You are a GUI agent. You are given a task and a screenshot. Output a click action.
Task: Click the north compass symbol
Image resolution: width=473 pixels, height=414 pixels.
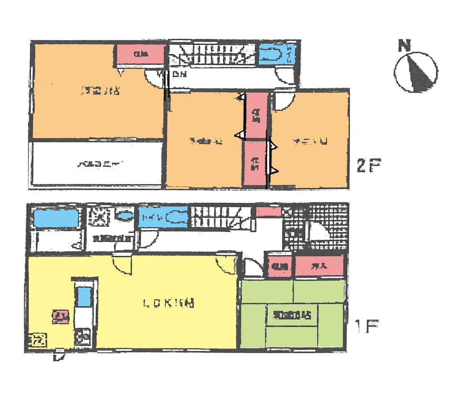pyautogui.click(x=416, y=72)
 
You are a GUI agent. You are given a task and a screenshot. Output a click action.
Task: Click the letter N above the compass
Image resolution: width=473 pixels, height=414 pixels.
pyautogui.click(x=403, y=46)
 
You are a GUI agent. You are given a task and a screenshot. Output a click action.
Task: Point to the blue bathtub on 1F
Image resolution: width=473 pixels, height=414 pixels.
pyautogui.click(x=55, y=219)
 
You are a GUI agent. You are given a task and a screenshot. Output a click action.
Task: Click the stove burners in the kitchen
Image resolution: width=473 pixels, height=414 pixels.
pyautogui.click(x=85, y=337)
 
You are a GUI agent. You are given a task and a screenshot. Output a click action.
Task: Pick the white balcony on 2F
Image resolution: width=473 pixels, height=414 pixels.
pyautogui.click(x=97, y=164)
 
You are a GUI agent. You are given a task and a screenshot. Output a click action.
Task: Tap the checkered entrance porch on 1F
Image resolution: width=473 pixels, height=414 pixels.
pyautogui.click(x=315, y=227)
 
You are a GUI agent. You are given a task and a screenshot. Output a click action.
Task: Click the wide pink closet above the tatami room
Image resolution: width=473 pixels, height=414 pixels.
pyautogui.click(x=319, y=266)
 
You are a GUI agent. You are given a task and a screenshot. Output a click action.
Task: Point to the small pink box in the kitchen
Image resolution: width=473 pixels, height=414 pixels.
pyautogui.click(x=59, y=316)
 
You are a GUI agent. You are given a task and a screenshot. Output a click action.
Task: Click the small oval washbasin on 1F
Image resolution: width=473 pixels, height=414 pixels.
pyautogui.click(x=125, y=216)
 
